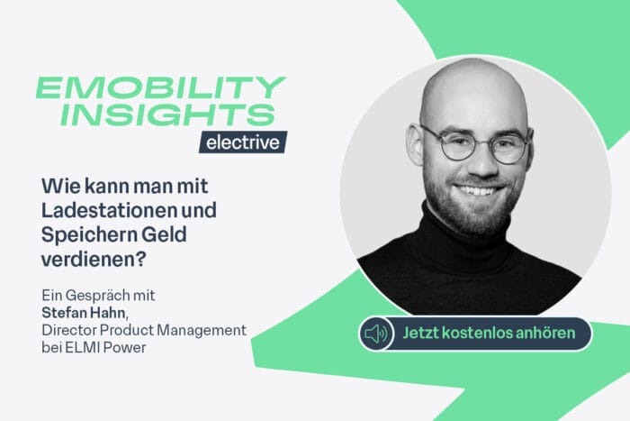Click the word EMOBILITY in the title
coord(160,88)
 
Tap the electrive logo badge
coord(243,142)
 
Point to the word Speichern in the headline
coord(84,235)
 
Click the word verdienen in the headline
coord(84,259)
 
